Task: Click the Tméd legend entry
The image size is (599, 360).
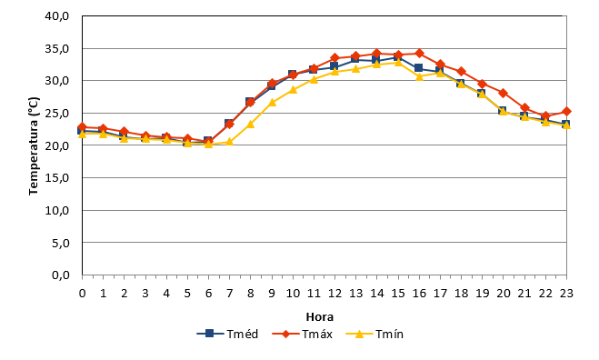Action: click(x=227, y=334)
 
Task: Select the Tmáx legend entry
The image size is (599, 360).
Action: click(x=302, y=334)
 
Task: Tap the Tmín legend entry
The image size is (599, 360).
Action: click(x=374, y=334)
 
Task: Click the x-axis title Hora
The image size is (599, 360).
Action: click(x=320, y=316)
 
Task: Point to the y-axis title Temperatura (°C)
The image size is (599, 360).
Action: click(x=34, y=146)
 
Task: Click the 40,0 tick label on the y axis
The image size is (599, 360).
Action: click(x=57, y=16)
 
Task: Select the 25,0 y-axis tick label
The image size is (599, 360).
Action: click(x=57, y=113)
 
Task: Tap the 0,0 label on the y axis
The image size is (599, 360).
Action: click(x=60, y=275)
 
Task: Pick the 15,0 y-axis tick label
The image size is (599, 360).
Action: click(x=57, y=177)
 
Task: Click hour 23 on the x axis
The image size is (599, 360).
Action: click(x=566, y=293)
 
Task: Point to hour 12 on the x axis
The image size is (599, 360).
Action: click(x=334, y=293)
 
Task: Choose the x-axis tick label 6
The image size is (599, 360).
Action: click(x=208, y=293)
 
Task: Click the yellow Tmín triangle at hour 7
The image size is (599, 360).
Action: click(x=229, y=142)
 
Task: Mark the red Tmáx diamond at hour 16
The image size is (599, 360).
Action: click(x=419, y=53)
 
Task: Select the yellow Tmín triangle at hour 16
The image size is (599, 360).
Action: click(x=419, y=76)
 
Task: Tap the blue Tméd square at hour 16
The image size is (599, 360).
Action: click(x=419, y=68)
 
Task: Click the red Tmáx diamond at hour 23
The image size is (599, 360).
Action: click(x=566, y=112)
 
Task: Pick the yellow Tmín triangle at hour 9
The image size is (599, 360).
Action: click(x=272, y=102)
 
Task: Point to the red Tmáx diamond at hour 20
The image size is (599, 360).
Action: click(x=504, y=93)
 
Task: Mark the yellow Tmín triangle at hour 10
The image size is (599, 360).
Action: click(x=293, y=89)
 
